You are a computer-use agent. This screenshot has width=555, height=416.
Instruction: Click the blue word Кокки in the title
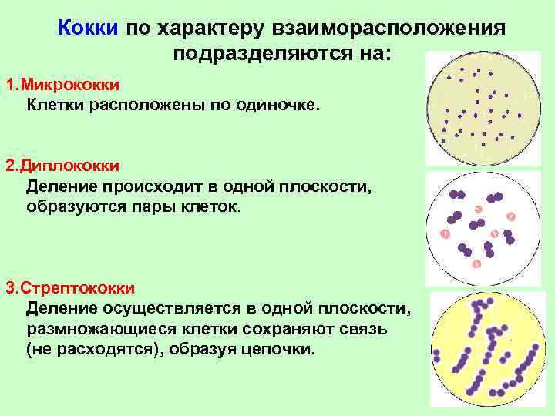(88, 29)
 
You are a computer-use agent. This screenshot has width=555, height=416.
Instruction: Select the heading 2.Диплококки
(62, 166)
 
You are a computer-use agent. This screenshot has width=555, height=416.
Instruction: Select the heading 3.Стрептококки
(71, 288)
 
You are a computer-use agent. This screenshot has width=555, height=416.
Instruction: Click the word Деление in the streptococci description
(58, 308)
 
